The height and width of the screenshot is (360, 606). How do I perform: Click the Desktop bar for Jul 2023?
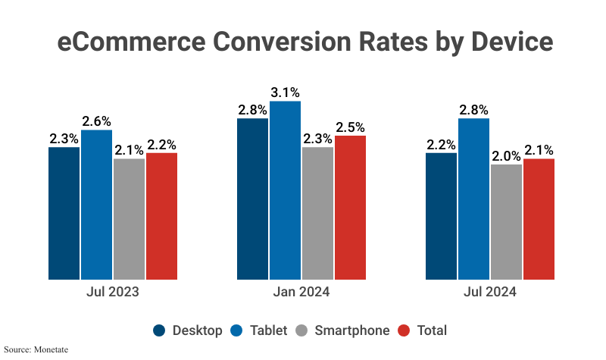point(64,213)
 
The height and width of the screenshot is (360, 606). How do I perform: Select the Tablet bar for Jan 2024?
point(285,190)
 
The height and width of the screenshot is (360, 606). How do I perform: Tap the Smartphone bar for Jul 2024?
point(506,222)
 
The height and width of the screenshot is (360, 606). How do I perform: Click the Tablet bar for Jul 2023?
point(96,205)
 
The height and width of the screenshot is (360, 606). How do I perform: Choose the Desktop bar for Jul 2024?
point(441,216)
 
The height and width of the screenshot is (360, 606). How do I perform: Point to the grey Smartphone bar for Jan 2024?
point(317,213)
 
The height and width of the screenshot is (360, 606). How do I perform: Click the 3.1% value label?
point(285,92)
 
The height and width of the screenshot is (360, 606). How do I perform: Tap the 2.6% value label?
point(96,121)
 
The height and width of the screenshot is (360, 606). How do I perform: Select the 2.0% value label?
point(506,155)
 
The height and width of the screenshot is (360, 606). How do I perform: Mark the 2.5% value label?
point(350,127)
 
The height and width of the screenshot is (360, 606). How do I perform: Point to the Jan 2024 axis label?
point(302,292)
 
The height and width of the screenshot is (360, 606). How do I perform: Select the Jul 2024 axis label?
point(490,292)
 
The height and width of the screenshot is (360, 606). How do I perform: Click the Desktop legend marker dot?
point(160,330)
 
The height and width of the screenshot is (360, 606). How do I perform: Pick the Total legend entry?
point(432,330)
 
